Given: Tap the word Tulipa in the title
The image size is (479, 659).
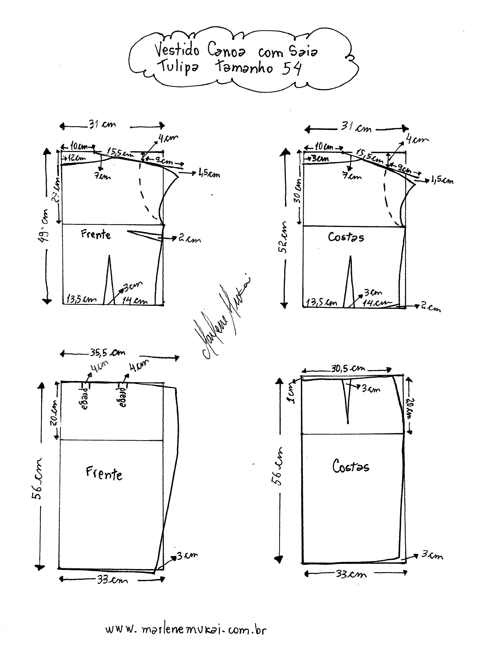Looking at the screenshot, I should click(178, 67).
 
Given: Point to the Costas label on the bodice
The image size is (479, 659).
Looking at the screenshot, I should click(346, 237).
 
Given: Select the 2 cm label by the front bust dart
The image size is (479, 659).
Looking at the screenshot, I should click(189, 239).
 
